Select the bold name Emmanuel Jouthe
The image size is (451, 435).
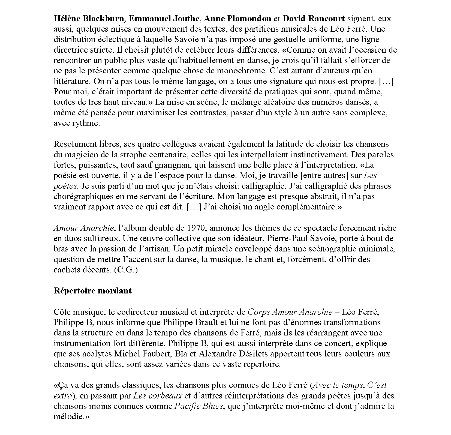coord(165,19)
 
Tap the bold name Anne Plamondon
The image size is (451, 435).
coord(237,19)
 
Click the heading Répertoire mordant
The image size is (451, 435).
coord(93,291)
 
